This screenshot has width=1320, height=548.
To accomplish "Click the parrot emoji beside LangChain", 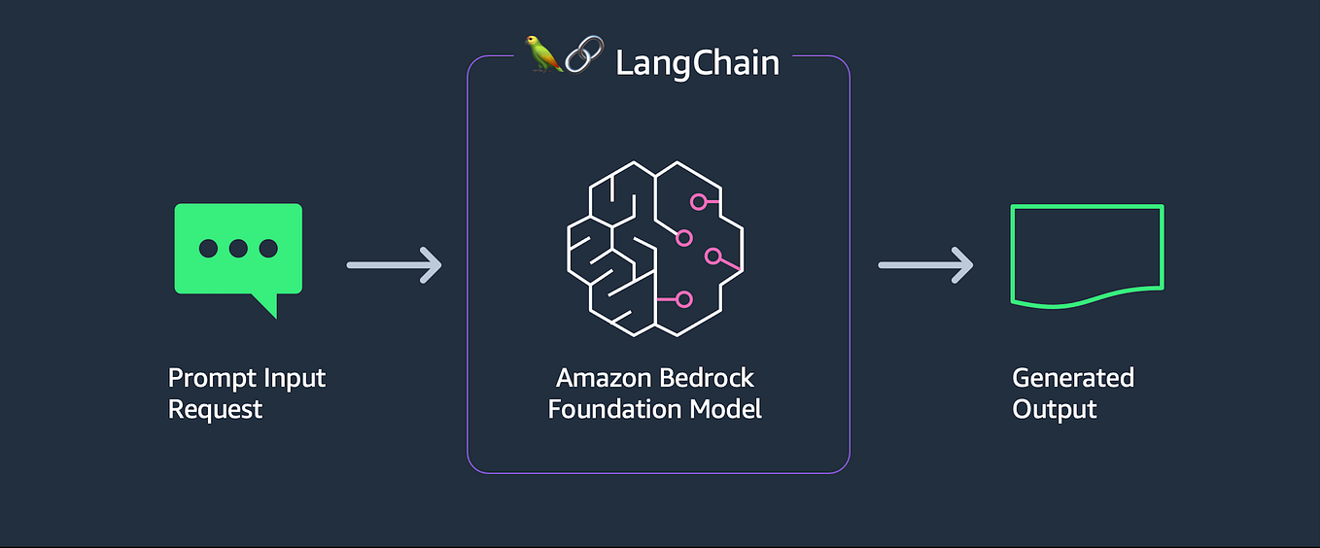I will [543, 54].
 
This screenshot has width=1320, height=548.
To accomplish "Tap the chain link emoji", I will [584, 56].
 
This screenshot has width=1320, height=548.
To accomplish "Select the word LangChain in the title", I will [697, 63].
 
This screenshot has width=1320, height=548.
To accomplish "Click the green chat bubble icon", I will [238, 250].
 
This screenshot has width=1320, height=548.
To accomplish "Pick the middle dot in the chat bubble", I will [238, 248].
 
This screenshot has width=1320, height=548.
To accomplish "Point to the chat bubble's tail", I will [265, 306].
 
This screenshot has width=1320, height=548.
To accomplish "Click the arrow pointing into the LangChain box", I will [394, 264].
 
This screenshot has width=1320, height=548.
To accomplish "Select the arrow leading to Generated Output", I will [925, 264].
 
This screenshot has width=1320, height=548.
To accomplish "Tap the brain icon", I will [654, 249].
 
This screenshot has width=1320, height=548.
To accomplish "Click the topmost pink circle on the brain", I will [698, 202].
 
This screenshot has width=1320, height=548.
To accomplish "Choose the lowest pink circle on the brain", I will [684, 299].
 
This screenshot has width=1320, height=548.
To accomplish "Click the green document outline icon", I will [1087, 256].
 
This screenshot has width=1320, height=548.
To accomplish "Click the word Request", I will [215, 409].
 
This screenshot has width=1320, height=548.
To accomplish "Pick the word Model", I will [725, 408].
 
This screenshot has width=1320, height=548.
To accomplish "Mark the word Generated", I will [1073, 378].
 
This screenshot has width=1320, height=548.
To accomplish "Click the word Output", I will [1055, 409].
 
